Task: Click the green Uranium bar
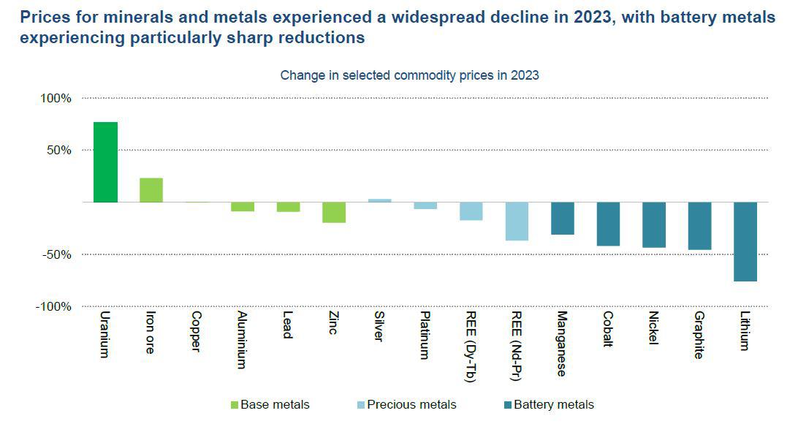click(105, 162)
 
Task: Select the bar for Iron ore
click(151, 190)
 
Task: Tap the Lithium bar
click(745, 241)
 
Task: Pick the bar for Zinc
click(333, 212)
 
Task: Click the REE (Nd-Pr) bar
click(516, 221)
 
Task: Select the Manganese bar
click(562, 218)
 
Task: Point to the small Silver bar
click(379, 200)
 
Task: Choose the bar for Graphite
click(699, 226)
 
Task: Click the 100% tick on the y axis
click(56, 98)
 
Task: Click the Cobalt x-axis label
click(608, 330)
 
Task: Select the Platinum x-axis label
click(425, 336)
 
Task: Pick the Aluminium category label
click(242, 340)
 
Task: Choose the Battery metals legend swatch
click(508, 405)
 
